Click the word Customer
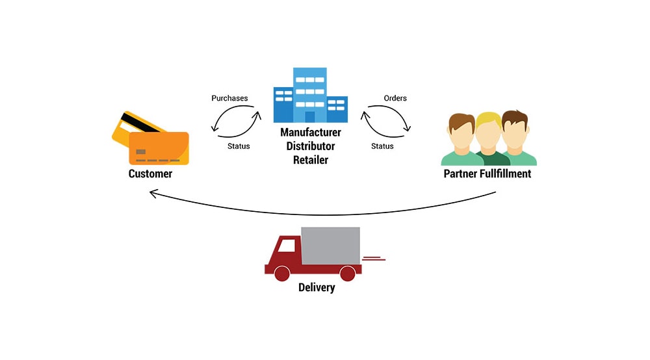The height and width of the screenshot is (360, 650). pyautogui.click(x=150, y=174)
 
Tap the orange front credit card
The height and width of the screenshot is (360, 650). pyautogui.click(x=159, y=148)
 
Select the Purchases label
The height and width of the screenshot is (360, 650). pyautogui.click(x=229, y=98)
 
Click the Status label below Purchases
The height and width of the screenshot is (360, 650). pyautogui.click(x=239, y=146)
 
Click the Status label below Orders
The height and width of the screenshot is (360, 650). pyautogui.click(x=382, y=146)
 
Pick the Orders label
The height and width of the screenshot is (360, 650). pyautogui.click(x=395, y=98)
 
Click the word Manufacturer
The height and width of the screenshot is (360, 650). pyautogui.click(x=311, y=132)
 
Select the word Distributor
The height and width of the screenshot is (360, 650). pyautogui.click(x=311, y=146)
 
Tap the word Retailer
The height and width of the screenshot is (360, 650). pyautogui.click(x=311, y=160)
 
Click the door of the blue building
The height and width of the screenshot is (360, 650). pyautogui.click(x=309, y=117)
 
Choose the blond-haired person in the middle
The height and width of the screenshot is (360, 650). pyautogui.click(x=490, y=139)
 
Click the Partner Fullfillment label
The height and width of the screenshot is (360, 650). pyautogui.click(x=487, y=174)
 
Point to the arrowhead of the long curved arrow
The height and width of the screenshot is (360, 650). pyautogui.click(x=153, y=193)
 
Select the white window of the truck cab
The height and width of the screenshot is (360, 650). pyautogui.click(x=286, y=246)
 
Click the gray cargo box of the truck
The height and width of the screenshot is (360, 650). pyautogui.click(x=330, y=246)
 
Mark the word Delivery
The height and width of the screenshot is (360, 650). pyautogui.click(x=317, y=287)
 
